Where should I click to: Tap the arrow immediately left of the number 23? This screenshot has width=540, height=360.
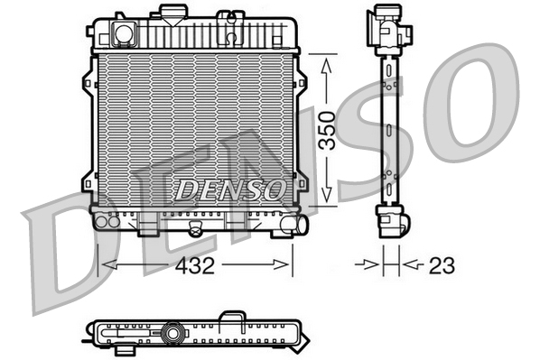pyautogui.click(x=373, y=265)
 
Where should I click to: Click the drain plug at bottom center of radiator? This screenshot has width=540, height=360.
pyautogui.click(x=192, y=230)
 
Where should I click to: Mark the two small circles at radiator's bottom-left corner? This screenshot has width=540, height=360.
pyautogui.click(x=107, y=219)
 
